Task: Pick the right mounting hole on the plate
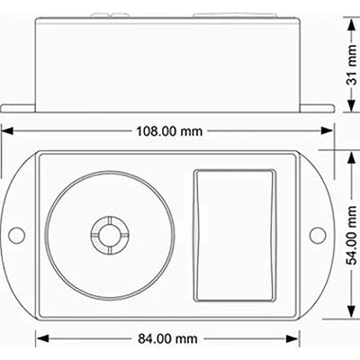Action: tap(317, 235)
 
